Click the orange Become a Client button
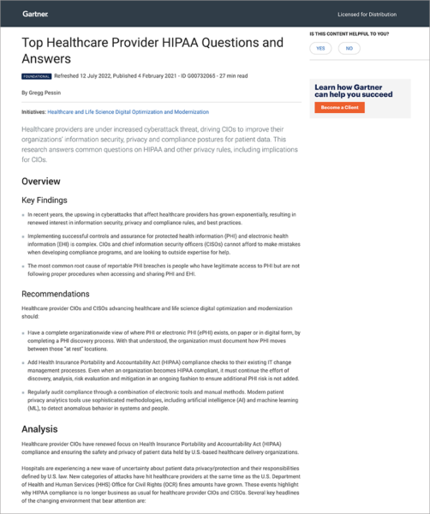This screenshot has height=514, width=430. tap(340, 108)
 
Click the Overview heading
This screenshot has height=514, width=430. tap(41, 182)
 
